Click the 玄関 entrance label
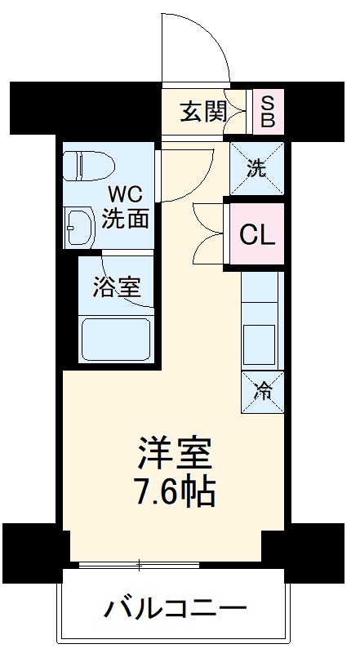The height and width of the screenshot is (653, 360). [204, 111]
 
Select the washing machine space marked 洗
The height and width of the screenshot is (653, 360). [256, 169]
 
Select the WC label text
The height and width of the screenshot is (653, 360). [127, 196]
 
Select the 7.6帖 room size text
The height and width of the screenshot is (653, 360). [175, 492]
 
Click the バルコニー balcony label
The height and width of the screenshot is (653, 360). [175, 609]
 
